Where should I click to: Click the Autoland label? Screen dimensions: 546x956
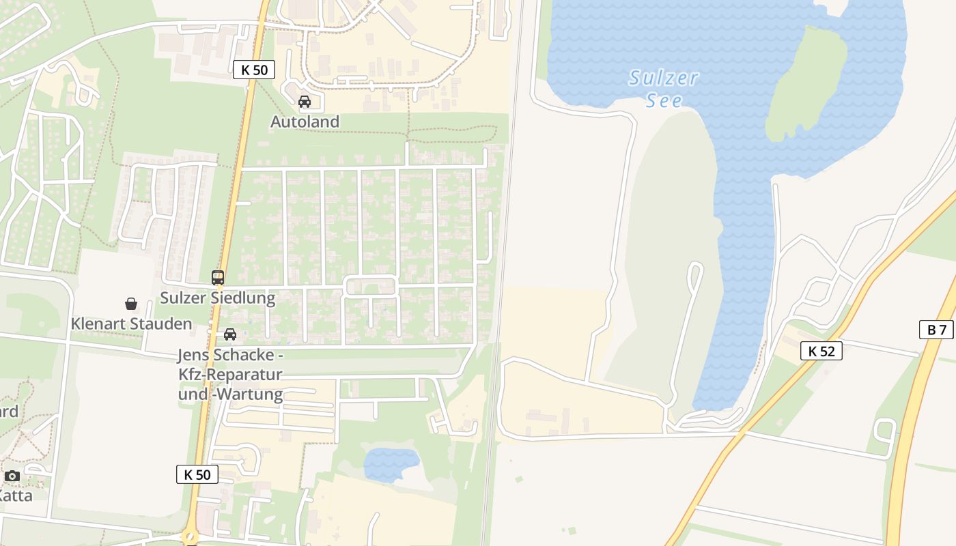(x=305, y=121)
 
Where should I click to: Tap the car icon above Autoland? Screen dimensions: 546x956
(x=305, y=102)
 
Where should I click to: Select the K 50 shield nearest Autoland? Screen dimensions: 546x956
(x=254, y=70)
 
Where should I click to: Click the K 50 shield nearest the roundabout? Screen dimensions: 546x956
(x=197, y=474)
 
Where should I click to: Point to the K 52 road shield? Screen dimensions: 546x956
(x=821, y=351)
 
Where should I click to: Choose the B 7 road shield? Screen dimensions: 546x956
(x=936, y=330)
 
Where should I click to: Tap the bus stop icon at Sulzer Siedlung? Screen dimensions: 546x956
(x=218, y=278)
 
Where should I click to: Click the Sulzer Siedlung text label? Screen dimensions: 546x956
(x=217, y=298)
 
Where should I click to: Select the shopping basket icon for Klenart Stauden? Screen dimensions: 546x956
(x=131, y=304)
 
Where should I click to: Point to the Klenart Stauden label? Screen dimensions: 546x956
(x=131, y=324)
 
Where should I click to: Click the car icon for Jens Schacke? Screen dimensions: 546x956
(x=230, y=334)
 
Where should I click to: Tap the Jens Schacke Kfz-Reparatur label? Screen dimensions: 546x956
(x=230, y=375)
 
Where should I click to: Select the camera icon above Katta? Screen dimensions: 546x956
(x=12, y=476)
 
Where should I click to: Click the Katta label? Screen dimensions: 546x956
(x=15, y=495)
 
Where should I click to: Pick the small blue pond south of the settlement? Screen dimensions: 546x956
(x=391, y=465)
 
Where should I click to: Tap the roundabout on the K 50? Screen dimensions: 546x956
(x=191, y=538)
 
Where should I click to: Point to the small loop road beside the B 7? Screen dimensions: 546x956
(x=885, y=430)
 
